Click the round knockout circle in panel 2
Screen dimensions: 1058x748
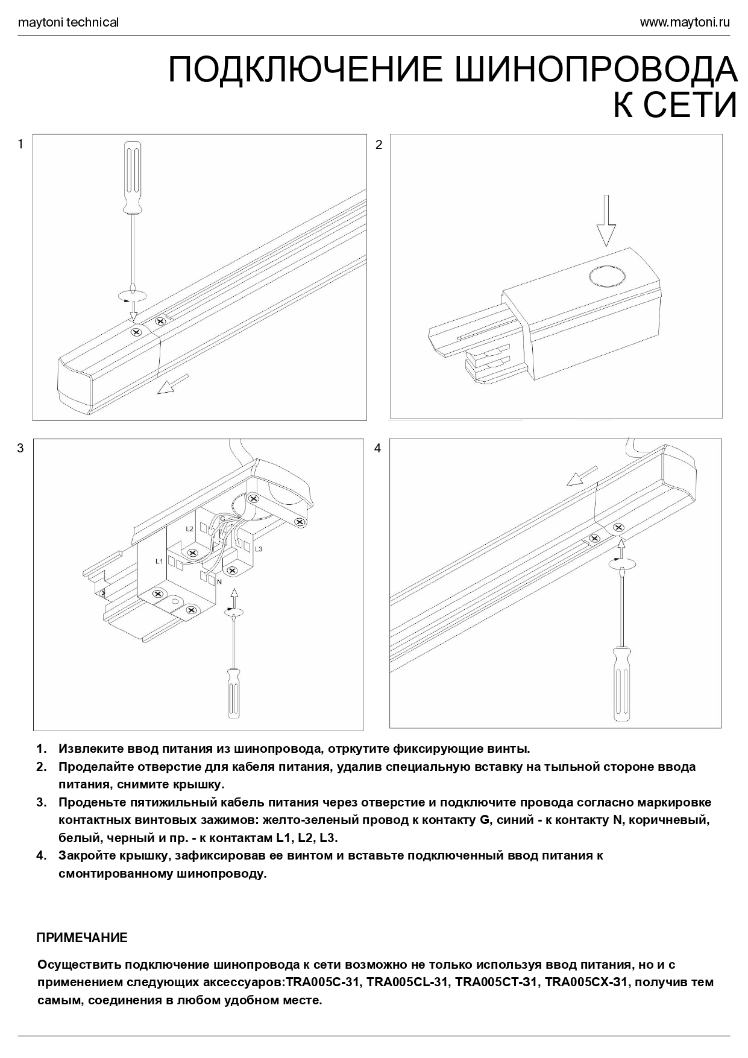[608, 276]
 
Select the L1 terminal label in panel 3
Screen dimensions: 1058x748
[159, 562]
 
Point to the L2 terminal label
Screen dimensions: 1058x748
[189, 528]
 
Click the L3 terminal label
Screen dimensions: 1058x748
[258, 549]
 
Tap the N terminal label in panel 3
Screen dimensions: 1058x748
[219, 581]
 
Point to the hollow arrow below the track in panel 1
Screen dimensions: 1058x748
[173, 384]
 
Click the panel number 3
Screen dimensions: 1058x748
[20, 448]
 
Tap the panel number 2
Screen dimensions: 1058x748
[379, 145]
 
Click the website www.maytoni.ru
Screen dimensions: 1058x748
[684, 23]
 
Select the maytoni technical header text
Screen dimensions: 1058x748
[68, 23]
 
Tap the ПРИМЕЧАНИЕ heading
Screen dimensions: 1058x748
[82, 938]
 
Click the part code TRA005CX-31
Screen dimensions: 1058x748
[586, 982]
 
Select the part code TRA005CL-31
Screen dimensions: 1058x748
[408, 982]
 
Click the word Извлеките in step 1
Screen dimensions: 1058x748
[91, 749]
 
